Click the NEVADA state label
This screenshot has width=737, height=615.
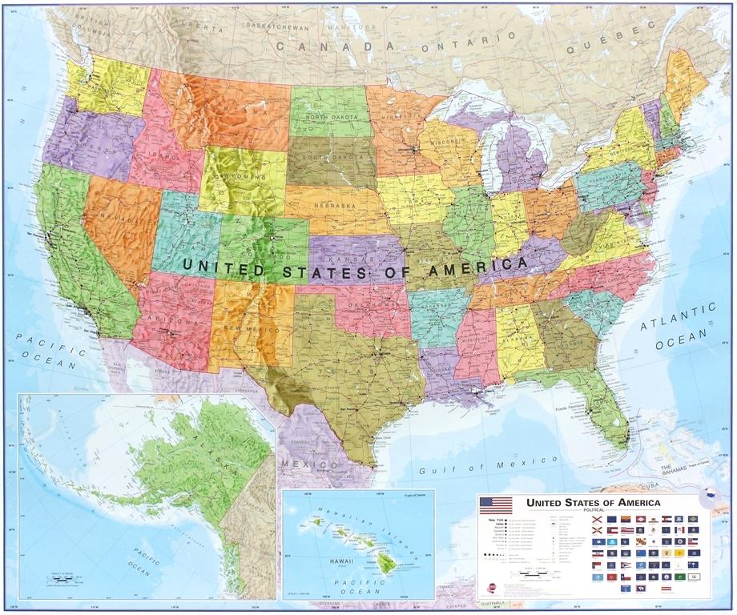[118, 217]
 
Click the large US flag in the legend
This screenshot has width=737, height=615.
[495, 504]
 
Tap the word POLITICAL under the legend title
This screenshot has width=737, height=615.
[594, 510]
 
